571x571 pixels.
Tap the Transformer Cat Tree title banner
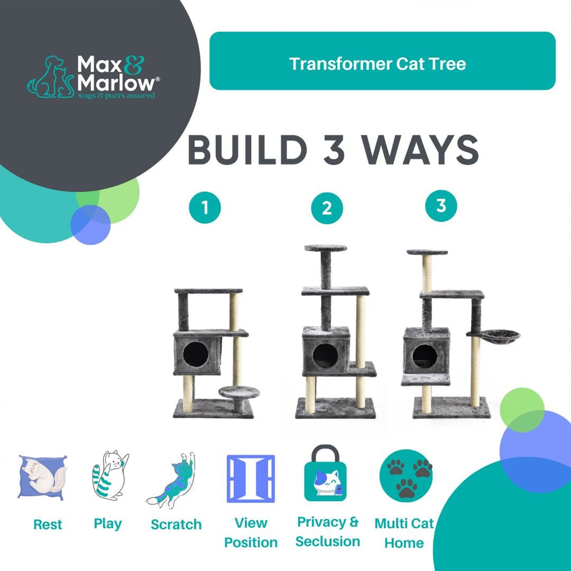382,61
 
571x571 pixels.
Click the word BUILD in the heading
247,150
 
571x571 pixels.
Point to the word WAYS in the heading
420,150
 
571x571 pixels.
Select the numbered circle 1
205,207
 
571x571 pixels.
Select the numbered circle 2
327,208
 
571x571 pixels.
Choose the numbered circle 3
441,206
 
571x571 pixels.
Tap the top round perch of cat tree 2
326,248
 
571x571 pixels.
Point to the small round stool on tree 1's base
239,393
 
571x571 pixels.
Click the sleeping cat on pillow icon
43,477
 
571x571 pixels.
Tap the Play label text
107,524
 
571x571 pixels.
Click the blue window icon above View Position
251,479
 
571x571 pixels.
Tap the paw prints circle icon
406,476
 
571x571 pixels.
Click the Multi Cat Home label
404,533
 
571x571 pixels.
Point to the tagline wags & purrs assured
116,96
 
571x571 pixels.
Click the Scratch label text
176,524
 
